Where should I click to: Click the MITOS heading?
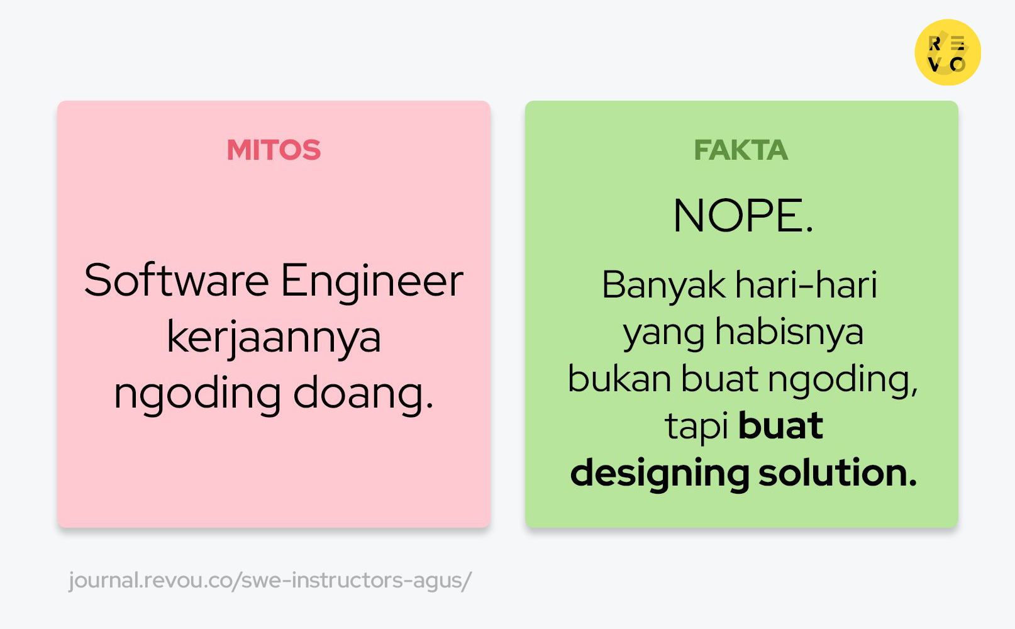274,150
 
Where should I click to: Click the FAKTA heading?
741,150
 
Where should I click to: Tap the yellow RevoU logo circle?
948,52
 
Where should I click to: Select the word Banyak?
663,286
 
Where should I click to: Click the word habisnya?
789,331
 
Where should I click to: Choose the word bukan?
619,379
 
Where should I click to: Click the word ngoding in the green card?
843,381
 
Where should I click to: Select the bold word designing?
659,474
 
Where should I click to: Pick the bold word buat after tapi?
780,426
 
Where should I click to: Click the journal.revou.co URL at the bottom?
270,581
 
